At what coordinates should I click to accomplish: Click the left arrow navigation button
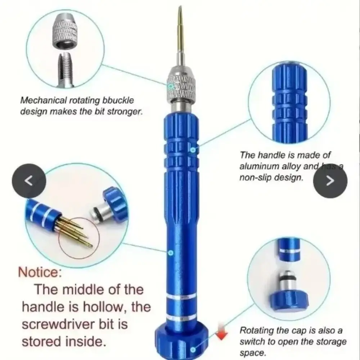29,180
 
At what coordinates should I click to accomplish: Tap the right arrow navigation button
330,181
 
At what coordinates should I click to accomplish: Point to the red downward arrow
222,334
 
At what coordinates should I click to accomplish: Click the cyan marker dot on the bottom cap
193,349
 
